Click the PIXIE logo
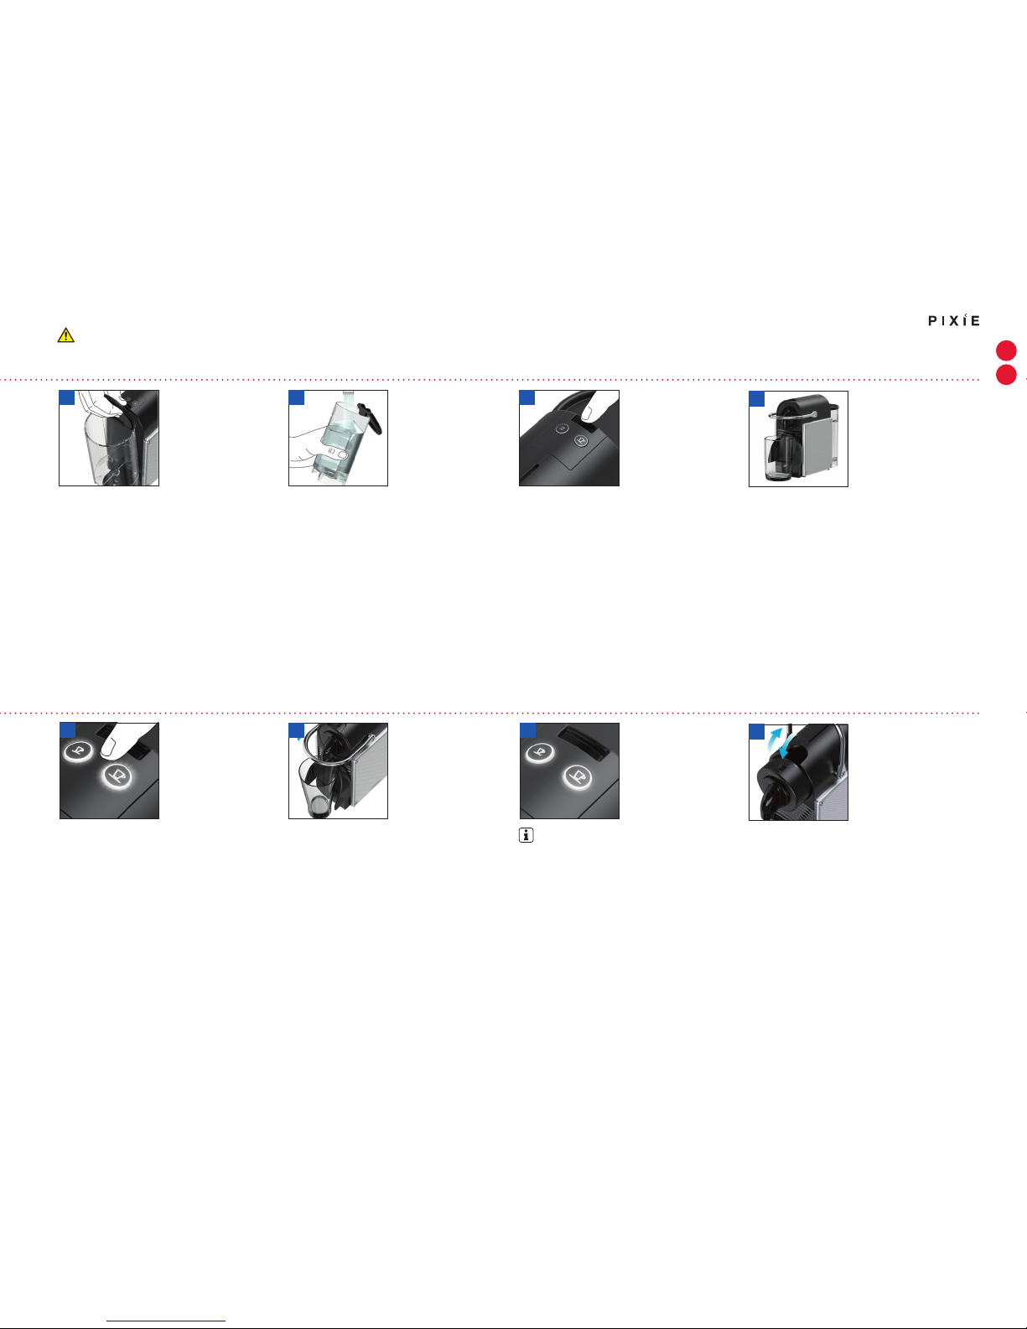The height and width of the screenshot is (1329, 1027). [954, 320]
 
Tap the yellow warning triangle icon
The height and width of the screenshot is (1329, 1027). [66, 335]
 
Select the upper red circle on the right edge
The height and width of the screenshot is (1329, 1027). [1006, 350]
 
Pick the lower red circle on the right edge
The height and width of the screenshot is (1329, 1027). [1006, 374]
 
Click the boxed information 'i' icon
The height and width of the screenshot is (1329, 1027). [526, 835]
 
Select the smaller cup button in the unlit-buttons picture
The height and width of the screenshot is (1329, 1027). [563, 428]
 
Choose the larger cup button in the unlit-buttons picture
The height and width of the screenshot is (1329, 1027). [581, 440]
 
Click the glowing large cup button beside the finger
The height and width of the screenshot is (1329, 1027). [117, 776]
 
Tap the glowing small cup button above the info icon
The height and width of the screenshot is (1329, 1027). [539, 751]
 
